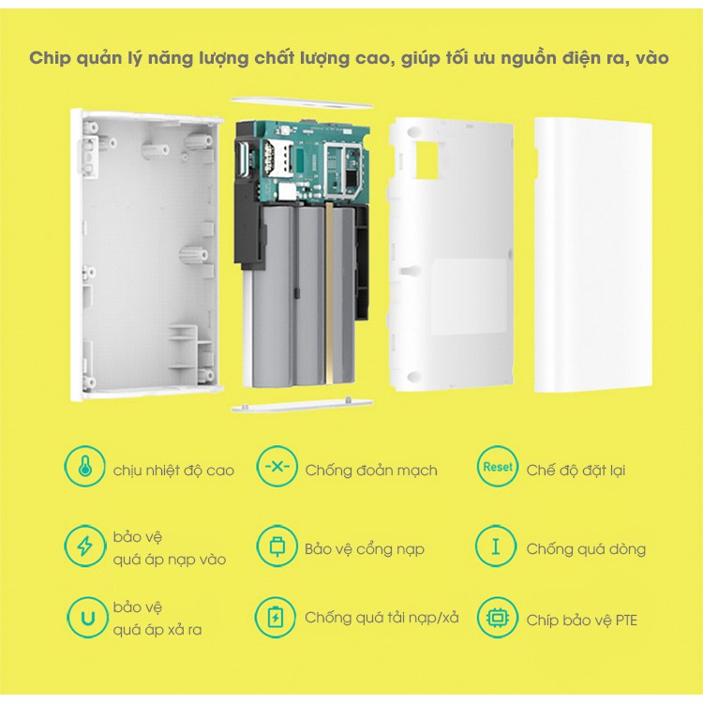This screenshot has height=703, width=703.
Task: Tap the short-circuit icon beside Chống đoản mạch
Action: pyautogui.click(x=277, y=468)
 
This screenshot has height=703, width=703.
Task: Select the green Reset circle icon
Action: pyautogui.click(x=498, y=467)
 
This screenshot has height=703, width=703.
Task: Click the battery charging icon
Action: pyautogui.click(x=277, y=618)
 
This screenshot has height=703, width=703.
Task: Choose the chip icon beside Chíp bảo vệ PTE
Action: pyautogui.click(x=498, y=618)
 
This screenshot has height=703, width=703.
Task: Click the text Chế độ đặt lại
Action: pyautogui.click(x=576, y=470)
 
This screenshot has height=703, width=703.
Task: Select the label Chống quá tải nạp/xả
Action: pyautogui.click(x=381, y=618)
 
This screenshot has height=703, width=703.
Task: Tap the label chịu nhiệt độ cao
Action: pyautogui.click(x=173, y=470)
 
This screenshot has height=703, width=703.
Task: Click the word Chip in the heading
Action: pyautogui.click(x=49, y=58)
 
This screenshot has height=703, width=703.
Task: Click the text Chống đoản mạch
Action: pyautogui.click(x=371, y=470)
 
